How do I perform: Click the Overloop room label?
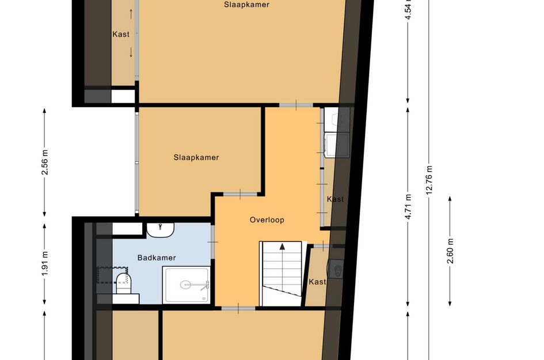(x=267, y=220)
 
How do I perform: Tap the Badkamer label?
(x=157, y=257)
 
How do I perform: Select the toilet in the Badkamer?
(x=123, y=283)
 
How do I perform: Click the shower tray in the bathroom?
(x=187, y=285)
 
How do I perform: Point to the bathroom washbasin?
(x=160, y=230)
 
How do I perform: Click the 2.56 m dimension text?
(x=45, y=162)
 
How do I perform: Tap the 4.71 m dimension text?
(x=408, y=207)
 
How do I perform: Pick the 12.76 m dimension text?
(x=429, y=180)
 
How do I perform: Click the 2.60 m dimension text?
(x=450, y=251)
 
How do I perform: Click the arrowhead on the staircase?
(x=283, y=247)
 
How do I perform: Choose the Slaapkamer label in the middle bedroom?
(x=196, y=157)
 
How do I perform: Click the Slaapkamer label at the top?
(x=246, y=5)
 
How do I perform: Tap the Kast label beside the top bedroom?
(x=121, y=34)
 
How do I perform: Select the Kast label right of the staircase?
(x=317, y=282)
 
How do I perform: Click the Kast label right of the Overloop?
(x=335, y=199)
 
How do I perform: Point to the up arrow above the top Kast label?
(x=131, y=14)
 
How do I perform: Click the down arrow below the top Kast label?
(x=131, y=52)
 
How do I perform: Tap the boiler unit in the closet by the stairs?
(x=335, y=268)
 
